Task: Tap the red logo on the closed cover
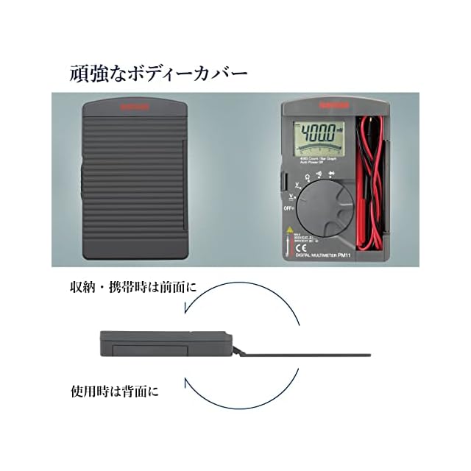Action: pyautogui.click(x=133, y=107)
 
